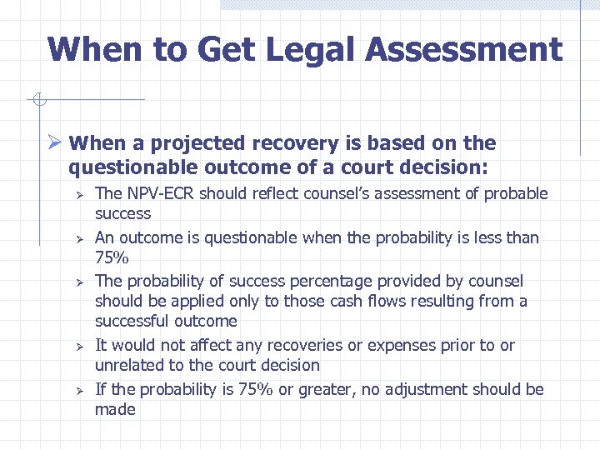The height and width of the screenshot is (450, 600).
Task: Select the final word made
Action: pos(115,409)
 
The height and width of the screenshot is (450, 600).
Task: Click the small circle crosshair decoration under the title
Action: pos(37,102)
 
